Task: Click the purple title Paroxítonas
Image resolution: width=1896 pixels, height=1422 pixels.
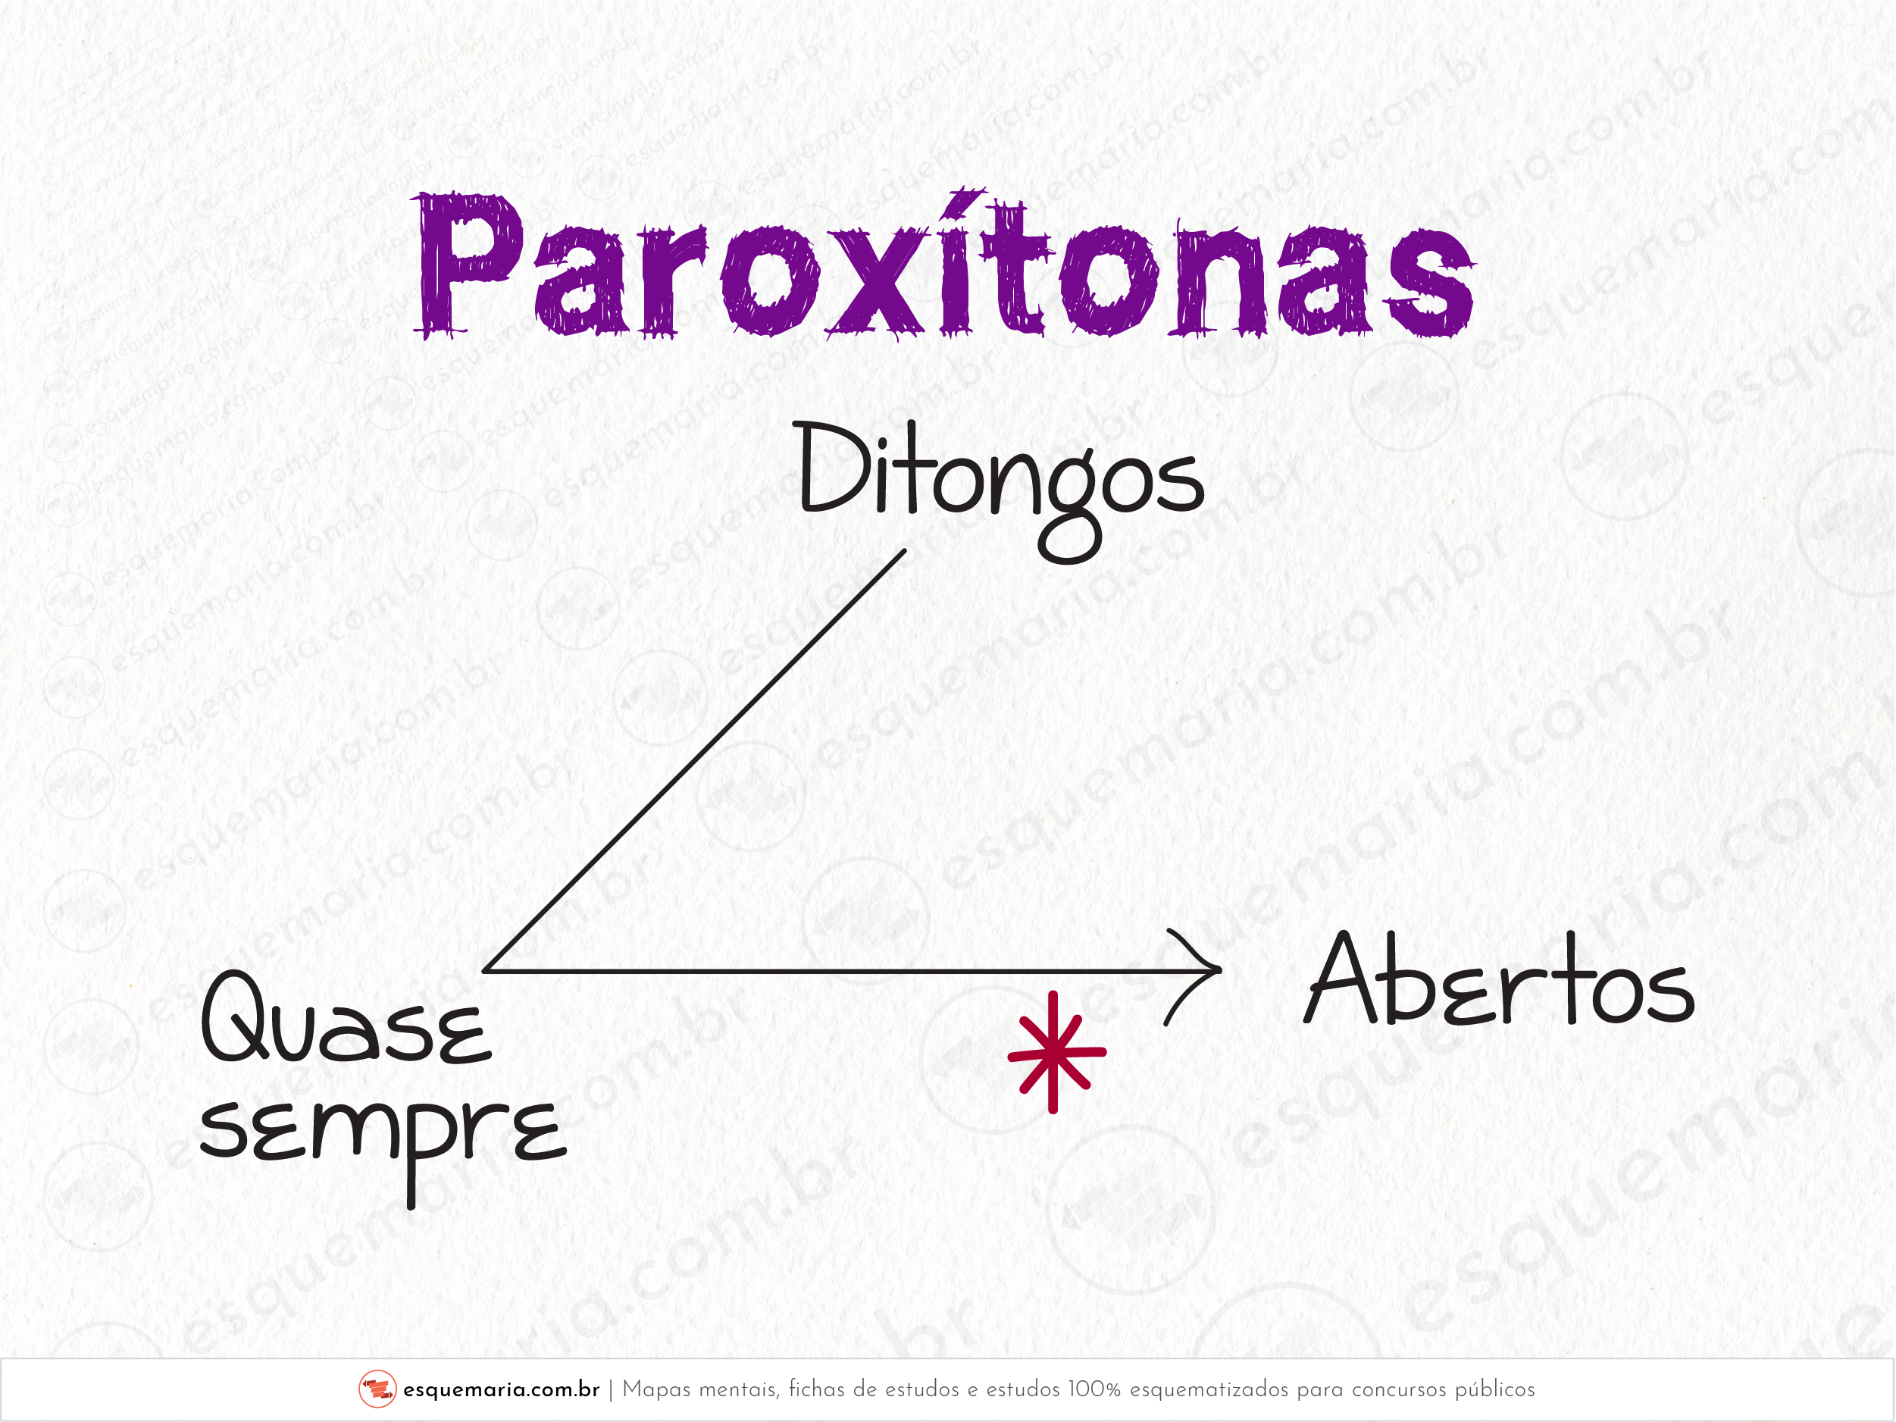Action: coord(944,263)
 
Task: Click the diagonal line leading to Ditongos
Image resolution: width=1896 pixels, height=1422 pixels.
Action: coord(694,761)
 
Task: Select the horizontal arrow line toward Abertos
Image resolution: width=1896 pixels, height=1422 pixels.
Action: coord(852,971)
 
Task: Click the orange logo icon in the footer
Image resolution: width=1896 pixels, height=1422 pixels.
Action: coord(377,1389)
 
